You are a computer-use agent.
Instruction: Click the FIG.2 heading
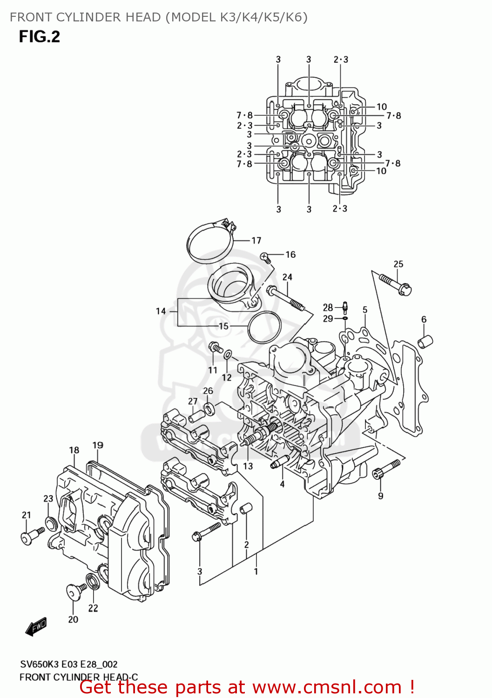pos(40,37)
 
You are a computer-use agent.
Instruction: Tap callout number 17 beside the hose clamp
pos(256,241)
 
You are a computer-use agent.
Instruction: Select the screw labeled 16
pos(265,257)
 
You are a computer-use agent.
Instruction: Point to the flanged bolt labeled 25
pos(395,284)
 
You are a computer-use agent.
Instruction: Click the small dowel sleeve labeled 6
pos(425,342)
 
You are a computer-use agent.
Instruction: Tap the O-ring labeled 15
pos(264,327)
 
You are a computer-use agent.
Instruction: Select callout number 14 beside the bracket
pos(161,311)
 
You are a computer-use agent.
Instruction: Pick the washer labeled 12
pos(228,356)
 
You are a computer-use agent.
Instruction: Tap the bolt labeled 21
pos(32,535)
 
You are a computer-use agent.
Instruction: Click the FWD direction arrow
pos(36,626)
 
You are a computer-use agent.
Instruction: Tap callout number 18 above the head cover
pos(74,450)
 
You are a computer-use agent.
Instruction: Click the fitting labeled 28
pos(345,306)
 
